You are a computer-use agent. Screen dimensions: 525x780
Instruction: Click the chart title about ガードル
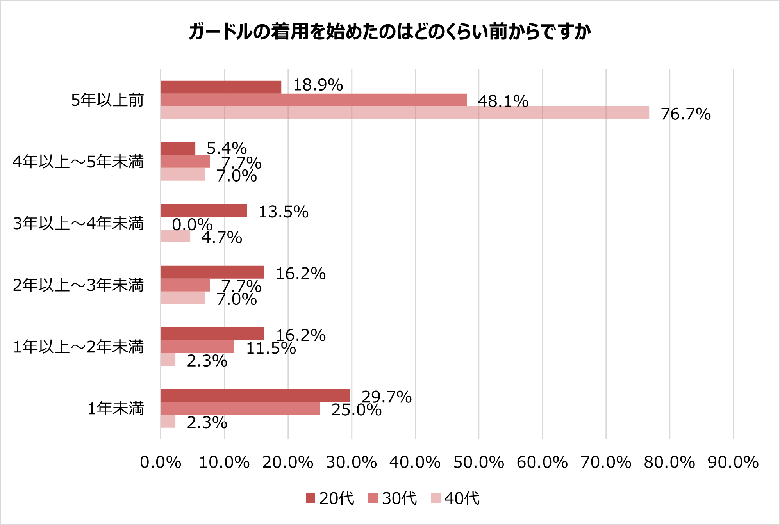389,32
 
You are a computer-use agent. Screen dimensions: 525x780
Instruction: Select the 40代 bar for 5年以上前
405,113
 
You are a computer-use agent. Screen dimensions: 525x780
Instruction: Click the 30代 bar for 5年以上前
314,100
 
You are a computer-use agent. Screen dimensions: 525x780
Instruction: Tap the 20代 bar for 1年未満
255,395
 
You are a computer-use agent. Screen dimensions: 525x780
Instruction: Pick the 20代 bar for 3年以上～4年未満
204,211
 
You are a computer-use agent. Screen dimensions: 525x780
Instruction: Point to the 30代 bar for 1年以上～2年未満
198,347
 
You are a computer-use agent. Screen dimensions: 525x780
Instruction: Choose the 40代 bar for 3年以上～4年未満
176,236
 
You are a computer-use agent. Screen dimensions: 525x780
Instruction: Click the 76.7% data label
685,114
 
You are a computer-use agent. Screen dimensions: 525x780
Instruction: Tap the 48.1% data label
503,101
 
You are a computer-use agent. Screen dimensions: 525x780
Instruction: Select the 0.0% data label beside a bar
192,224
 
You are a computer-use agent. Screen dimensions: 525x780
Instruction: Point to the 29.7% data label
387,397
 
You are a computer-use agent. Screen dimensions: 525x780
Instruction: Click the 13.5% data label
284,212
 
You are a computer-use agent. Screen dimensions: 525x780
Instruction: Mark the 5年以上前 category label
107,100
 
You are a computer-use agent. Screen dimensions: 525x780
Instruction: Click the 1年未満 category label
116,409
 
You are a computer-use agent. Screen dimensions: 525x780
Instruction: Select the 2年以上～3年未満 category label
79,285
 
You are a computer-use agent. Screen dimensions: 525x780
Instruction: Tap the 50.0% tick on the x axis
478,463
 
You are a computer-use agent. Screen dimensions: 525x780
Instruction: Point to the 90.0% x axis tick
733,463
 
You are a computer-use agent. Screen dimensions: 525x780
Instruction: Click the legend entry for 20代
330,498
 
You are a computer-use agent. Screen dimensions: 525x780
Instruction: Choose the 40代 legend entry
455,498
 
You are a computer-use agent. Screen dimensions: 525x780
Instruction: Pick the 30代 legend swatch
373,498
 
